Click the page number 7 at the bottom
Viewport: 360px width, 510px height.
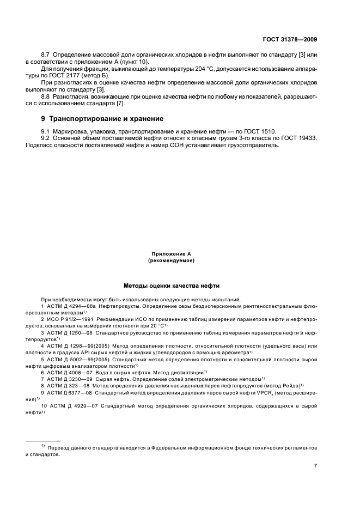[316, 466]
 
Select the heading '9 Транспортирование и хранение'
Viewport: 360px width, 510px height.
[106, 118]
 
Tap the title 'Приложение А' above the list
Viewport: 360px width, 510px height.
[171, 254]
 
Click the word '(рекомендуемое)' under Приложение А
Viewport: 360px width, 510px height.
[171, 261]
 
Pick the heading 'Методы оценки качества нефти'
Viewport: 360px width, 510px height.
[171, 286]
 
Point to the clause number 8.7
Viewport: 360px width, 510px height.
[46, 55]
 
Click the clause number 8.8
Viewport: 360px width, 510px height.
[46, 96]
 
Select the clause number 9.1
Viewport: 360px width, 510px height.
[46, 131]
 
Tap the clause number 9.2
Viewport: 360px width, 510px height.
[46, 138]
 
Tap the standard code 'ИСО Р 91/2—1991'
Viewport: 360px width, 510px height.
[69, 318]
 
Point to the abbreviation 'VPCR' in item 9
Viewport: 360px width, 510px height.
[259, 392]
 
